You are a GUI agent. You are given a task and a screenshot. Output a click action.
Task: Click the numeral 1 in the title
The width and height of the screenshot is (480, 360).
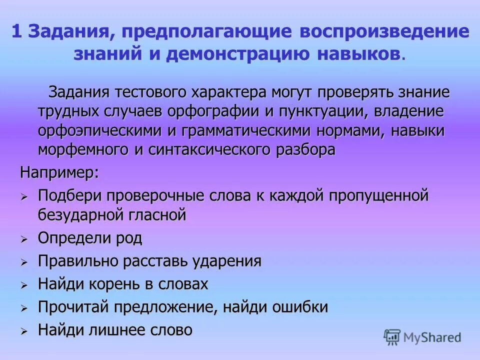point(16,32)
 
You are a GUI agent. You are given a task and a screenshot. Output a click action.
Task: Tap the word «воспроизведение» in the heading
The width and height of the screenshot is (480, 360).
point(384,32)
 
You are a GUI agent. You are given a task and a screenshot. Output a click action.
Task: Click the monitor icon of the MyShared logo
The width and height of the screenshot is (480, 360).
point(392,337)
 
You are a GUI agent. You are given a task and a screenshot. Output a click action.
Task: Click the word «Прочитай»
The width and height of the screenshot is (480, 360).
point(74,307)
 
